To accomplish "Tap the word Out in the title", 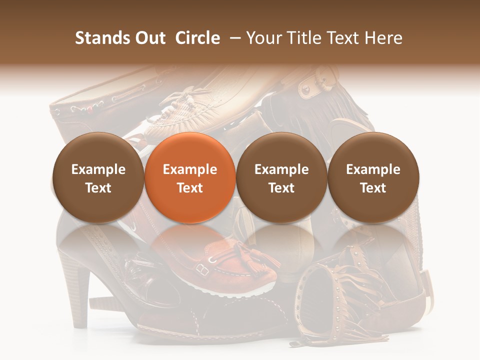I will pos(149,38).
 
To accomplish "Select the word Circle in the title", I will pos(197,38).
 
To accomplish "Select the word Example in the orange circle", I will pos(190,169).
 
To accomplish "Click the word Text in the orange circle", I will pos(190,188).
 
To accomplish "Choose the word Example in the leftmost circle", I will pos(98,169).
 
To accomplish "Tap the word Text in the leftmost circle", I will pos(98,188).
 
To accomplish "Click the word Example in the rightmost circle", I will pos(373,169).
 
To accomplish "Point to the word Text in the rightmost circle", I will pos(373,188).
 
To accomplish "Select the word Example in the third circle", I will pos(281,169).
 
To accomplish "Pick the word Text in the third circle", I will pos(281,188).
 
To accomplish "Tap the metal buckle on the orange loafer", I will pos(202,269).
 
